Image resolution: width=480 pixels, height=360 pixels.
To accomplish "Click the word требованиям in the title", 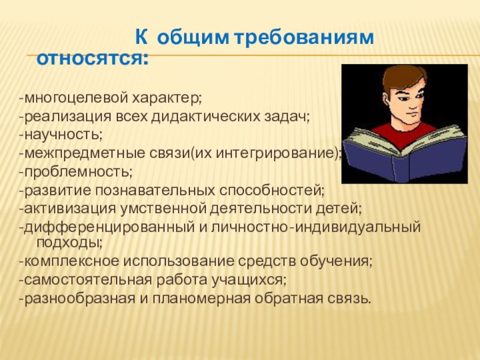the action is point(304,38).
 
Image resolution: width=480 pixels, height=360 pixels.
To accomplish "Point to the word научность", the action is point(62,135).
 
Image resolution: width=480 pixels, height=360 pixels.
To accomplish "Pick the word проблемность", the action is point(77,172).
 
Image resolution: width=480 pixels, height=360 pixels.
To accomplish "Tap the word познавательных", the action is point(155,190).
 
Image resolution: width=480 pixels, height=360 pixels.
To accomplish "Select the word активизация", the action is point(70,209).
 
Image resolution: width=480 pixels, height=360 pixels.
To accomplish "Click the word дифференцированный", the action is point(109,227).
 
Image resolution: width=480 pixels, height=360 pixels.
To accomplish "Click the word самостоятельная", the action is point(88,280).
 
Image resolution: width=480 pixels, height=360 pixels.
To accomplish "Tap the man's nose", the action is point(414,104).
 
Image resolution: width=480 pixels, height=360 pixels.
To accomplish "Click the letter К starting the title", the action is point(141,38).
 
